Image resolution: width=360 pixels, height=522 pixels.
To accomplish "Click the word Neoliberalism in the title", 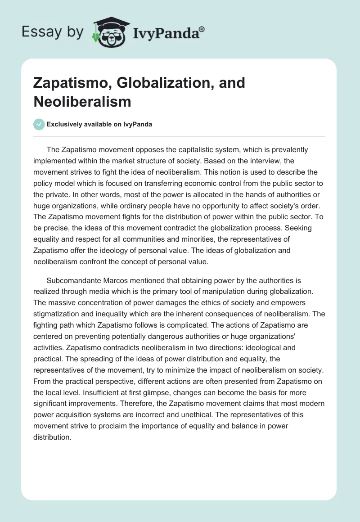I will click(82, 102).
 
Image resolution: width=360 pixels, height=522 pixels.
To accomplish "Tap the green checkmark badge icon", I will click(39, 124).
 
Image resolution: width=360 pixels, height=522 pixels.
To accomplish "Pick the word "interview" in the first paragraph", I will click(246, 161).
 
